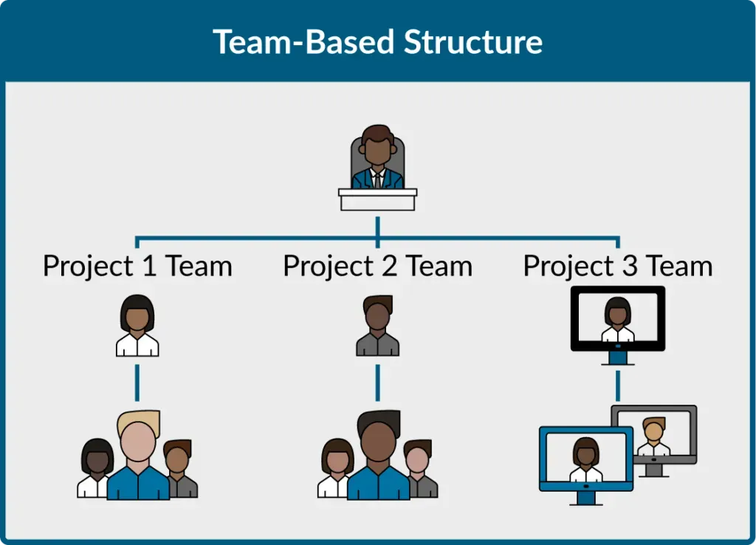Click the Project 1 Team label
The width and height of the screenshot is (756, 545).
(137, 266)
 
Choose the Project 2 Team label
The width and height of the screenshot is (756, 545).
(377, 266)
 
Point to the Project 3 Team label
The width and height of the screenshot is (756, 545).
(618, 266)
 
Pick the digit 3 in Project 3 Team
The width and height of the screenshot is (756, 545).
(630, 266)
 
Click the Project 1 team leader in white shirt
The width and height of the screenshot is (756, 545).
(137, 326)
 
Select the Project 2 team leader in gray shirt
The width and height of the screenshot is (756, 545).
(377, 326)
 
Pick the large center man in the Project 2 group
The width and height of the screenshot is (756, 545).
(378, 454)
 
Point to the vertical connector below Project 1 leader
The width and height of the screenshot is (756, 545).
(137, 382)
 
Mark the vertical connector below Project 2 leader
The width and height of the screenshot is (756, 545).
(377, 382)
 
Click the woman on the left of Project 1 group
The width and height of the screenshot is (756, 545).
(95, 468)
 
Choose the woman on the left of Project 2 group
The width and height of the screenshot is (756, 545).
(336, 468)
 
